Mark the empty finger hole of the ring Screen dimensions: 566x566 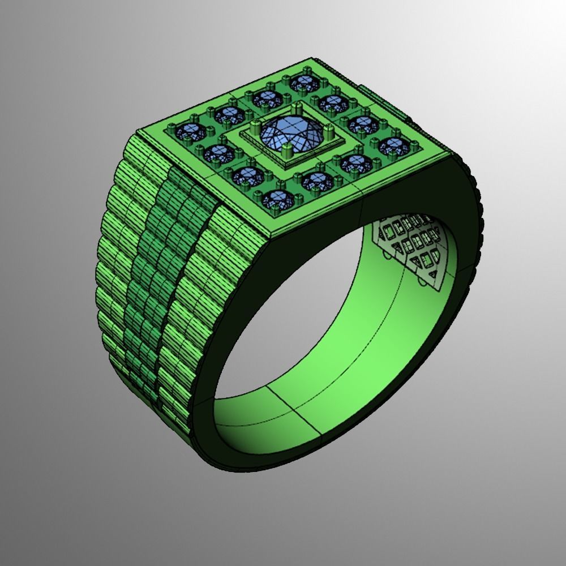tap(317, 317)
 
